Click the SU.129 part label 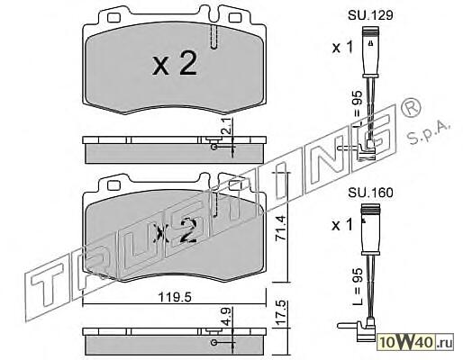point(370,15)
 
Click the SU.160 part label point(370,193)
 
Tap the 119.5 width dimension point(175,297)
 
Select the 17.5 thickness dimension point(280,313)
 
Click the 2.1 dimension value point(227,126)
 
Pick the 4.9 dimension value point(227,316)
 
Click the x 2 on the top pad point(175,63)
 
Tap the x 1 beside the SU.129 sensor point(342,48)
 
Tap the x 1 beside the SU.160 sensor point(342,225)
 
